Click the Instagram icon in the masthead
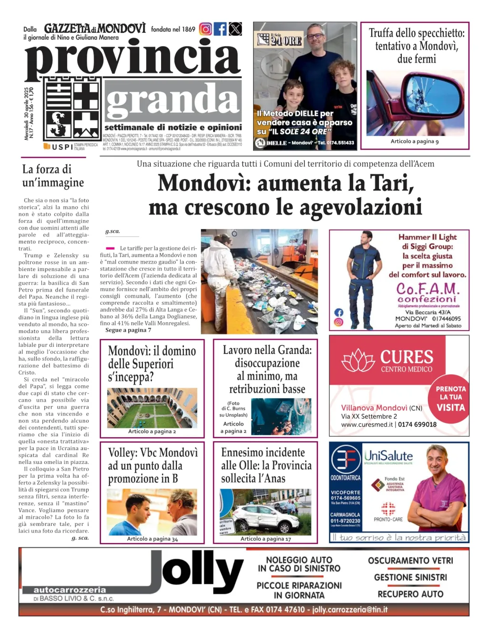(205, 29)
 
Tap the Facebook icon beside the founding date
(220, 29)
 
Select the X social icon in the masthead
(235, 29)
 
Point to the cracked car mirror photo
(415, 103)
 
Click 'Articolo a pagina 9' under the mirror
(415, 141)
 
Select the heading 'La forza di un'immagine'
(53, 176)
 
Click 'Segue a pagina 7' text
(128, 330)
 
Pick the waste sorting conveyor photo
(259, 281)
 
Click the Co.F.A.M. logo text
(427, 289)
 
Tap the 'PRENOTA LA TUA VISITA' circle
(450, 398)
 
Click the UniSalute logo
(388, 456)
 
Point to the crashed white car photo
(265, 513)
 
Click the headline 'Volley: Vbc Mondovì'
(152, 453)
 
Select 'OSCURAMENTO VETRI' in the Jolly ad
(410, 561)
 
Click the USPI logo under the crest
(59, 147)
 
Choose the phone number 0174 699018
(417, 424)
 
